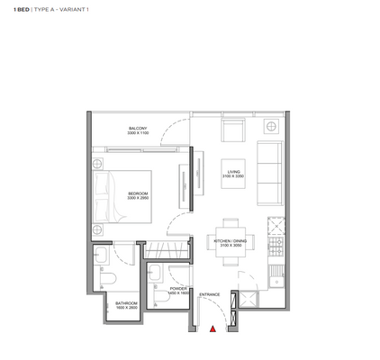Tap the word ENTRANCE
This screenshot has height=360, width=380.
coord(210,294)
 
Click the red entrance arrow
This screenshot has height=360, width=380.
coord(212,329)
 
